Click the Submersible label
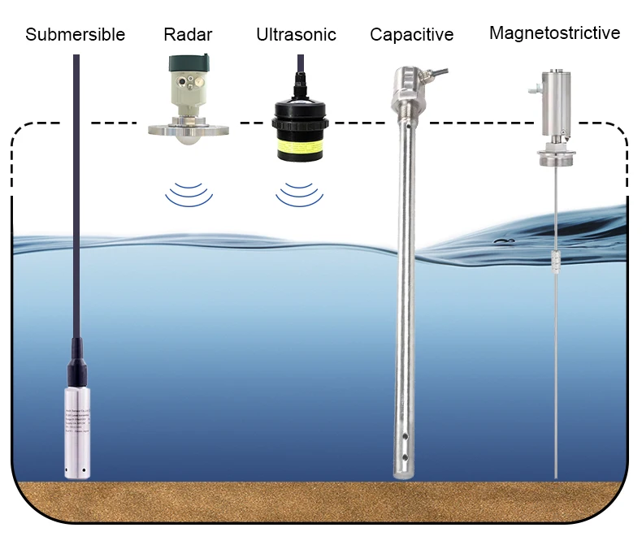tap(76, 34)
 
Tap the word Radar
tap(188, 34)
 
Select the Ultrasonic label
tap(296, 34)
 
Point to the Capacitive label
tap(411, 34)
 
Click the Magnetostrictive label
tap(554, 32)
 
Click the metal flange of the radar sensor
tap(188, 128)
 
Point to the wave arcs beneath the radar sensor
tap(188, 193)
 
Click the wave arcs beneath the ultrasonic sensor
tap(297, 193)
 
